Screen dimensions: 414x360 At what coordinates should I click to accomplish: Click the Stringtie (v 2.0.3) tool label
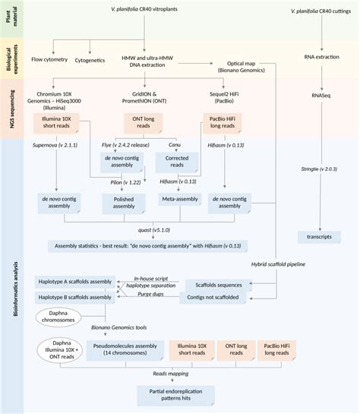319,181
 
